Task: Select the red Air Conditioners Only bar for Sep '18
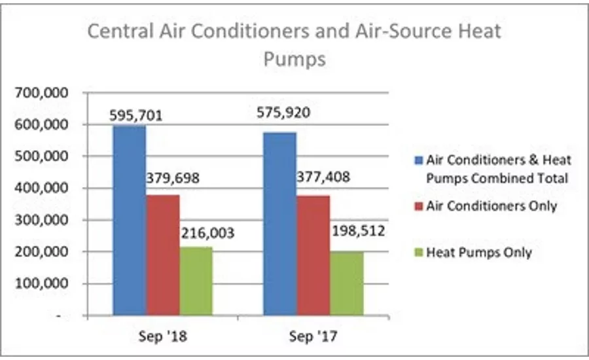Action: tap(163, 255)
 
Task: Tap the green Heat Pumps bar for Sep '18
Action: tap(196, 281)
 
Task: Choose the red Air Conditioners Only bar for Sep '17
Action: tap(313, 256)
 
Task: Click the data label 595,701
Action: tap(136, 116)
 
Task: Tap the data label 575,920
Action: tap(285, 113)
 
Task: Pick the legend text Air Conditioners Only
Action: tap(491, 206)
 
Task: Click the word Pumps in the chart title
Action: tap(294, 60)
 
